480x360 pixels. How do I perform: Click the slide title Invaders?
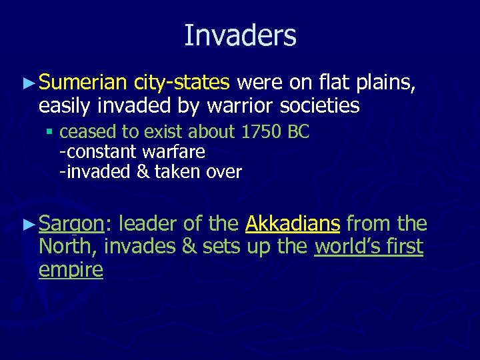point(240,35)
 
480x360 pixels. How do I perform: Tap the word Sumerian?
point(83,83)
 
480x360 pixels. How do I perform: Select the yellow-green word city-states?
point(181,83)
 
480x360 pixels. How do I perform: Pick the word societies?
point(317,105)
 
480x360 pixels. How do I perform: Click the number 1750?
point(261,131)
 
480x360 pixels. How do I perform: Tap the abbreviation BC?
point(297,131)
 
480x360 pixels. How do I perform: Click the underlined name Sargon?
point(71,225)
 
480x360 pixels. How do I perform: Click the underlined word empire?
point(71,270)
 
